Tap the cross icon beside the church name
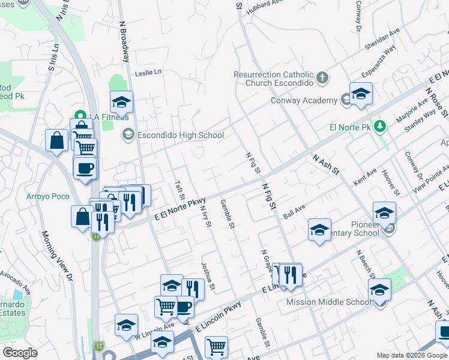[x=323, y=77]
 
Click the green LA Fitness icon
[x=78, y=115]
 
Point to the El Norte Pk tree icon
[x=379, y=127]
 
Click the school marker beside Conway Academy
[x=361, y=94]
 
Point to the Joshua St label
[x=208, y=273]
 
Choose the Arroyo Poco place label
[x=44, y=196]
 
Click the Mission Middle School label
[x=328, y=302]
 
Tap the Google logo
[x=20, y=353]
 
